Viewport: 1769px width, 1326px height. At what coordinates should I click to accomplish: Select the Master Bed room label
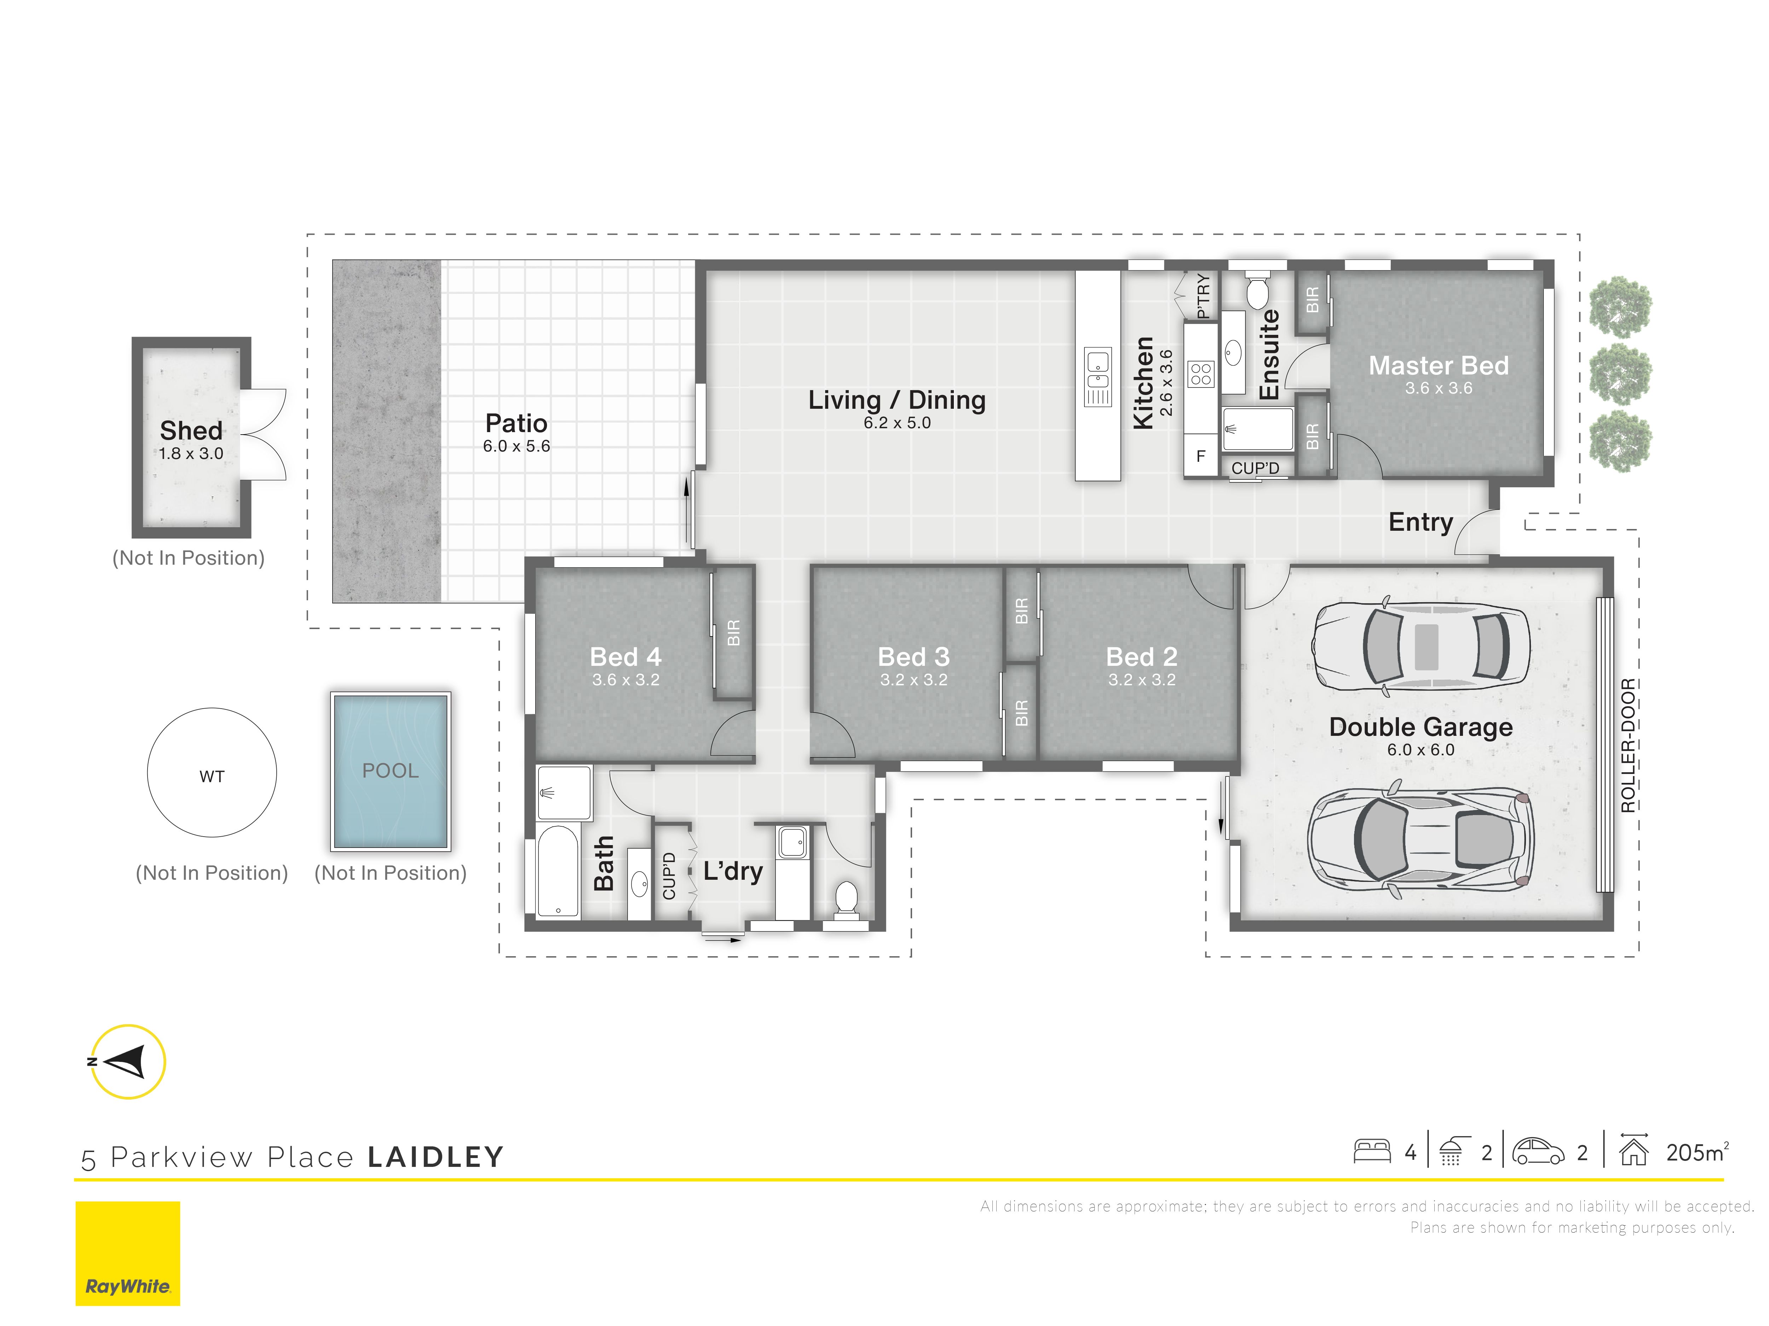(x=1439, y=365)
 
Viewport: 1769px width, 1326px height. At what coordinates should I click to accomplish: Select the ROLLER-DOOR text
(x=1627, y=745)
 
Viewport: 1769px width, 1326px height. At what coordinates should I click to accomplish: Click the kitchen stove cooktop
(x=1201, y=374)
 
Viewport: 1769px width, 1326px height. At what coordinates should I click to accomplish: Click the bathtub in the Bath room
(x=557, y=871)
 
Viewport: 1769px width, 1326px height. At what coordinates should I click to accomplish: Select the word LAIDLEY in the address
(x=436, y=1157)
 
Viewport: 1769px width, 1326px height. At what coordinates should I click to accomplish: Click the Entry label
(x=1420, y=522)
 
